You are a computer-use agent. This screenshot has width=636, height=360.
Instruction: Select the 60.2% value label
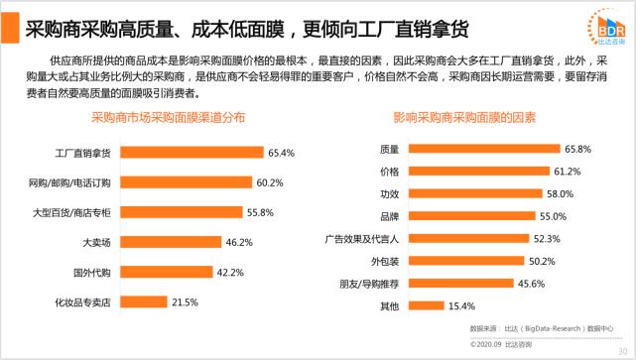pos(270,183)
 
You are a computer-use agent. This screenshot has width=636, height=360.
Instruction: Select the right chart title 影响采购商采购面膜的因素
pos(465,117)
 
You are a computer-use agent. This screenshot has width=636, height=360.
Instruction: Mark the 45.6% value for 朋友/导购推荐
pos(527,284)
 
